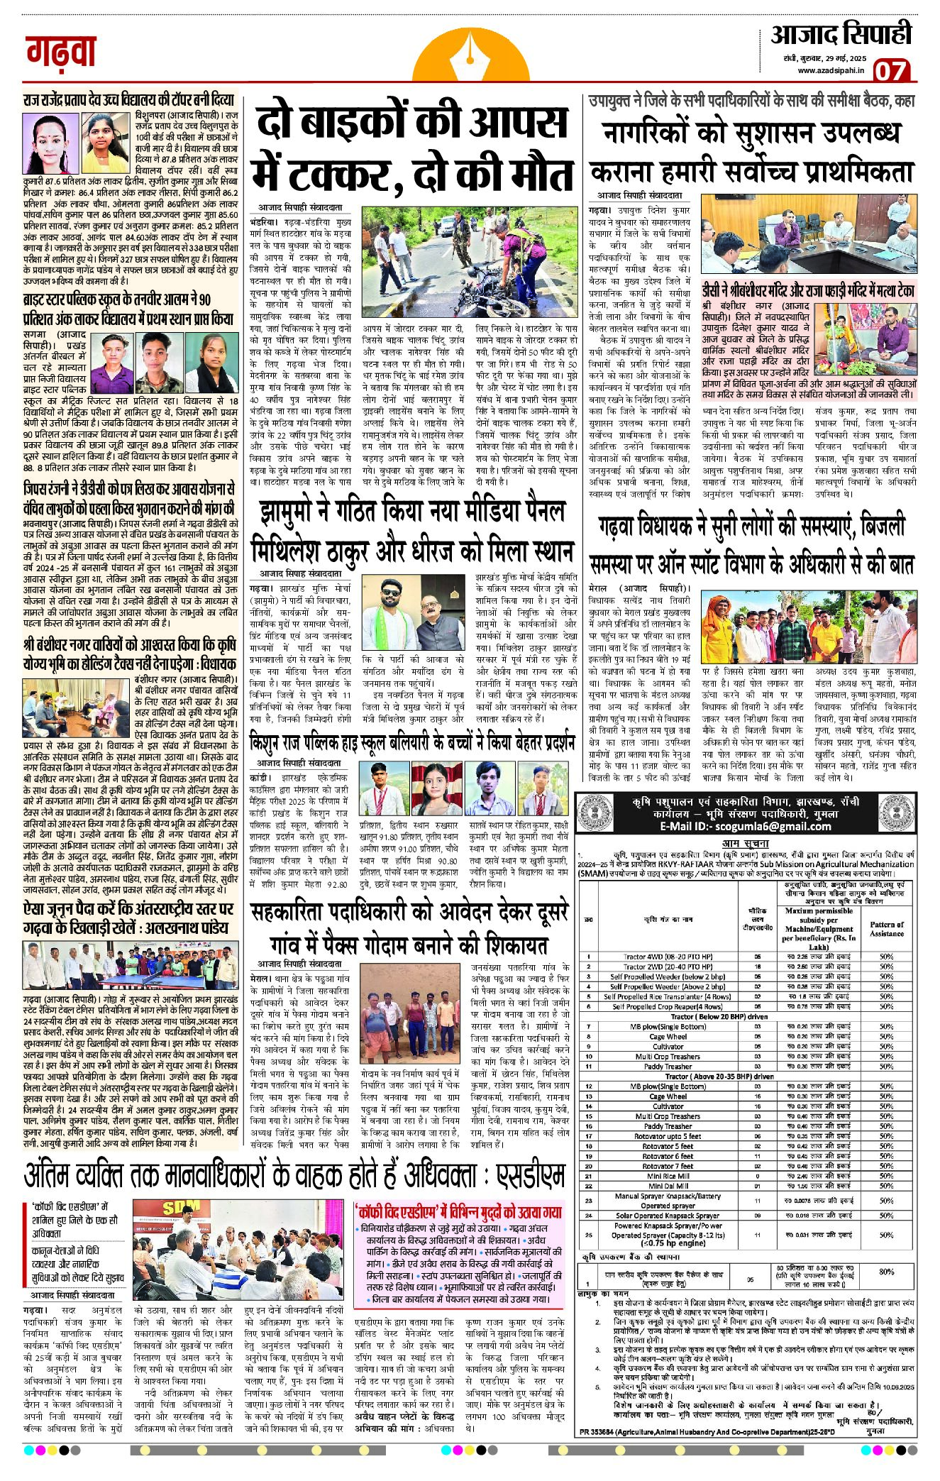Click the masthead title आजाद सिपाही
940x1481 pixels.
point(841,34)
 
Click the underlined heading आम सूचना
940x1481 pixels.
point(745,843)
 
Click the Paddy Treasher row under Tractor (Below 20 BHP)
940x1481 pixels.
point(668,1066)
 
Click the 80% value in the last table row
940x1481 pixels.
point(886,1271)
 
